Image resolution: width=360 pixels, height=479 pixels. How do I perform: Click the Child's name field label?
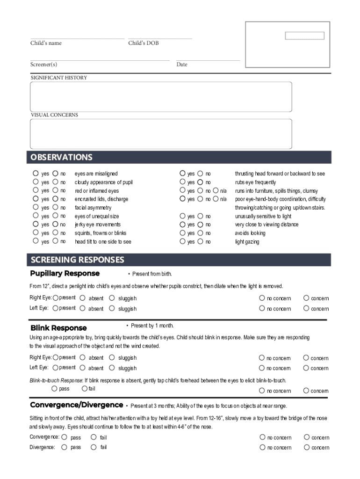[x=46, y=43]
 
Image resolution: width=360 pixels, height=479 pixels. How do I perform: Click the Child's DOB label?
[x=144, y=43]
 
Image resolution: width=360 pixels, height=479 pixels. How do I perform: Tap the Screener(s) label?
[x=43, y=65]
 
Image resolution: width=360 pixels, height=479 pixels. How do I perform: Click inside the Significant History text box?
[x=161, y=97]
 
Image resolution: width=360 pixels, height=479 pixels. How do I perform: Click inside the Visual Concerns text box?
[x=161, y=134]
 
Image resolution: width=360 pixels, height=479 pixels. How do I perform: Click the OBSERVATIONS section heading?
[x=61, y=157]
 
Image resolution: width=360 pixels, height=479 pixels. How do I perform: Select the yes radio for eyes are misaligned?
[x=36, y=174]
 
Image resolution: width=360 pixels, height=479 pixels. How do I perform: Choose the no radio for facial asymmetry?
[x=55, y=207]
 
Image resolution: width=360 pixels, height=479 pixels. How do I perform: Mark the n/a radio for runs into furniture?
[x=216, y=190]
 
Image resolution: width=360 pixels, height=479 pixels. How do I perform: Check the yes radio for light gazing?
[x=183, y=241]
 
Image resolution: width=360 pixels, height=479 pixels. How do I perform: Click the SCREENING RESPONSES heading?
[x=77, y=260]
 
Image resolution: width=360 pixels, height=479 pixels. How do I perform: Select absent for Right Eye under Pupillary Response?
[x=83, y=298]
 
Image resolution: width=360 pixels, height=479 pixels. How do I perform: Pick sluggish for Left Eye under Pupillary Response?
[x=112, y=308]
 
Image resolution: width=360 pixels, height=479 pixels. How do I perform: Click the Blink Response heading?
[x=58, y=328]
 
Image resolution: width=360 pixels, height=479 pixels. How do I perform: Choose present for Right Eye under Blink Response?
[x=56, y=357]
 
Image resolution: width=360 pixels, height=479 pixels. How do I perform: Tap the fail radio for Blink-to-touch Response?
[x=85, y=388]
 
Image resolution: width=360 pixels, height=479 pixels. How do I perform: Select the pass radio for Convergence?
[x=65, y=437]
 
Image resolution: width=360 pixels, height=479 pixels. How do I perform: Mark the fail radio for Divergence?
[x=94, y=447]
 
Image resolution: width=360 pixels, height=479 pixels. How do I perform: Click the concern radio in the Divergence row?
[x=307, y=447]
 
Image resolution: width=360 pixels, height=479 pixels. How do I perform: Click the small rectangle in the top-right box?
[x=304, y=36]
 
